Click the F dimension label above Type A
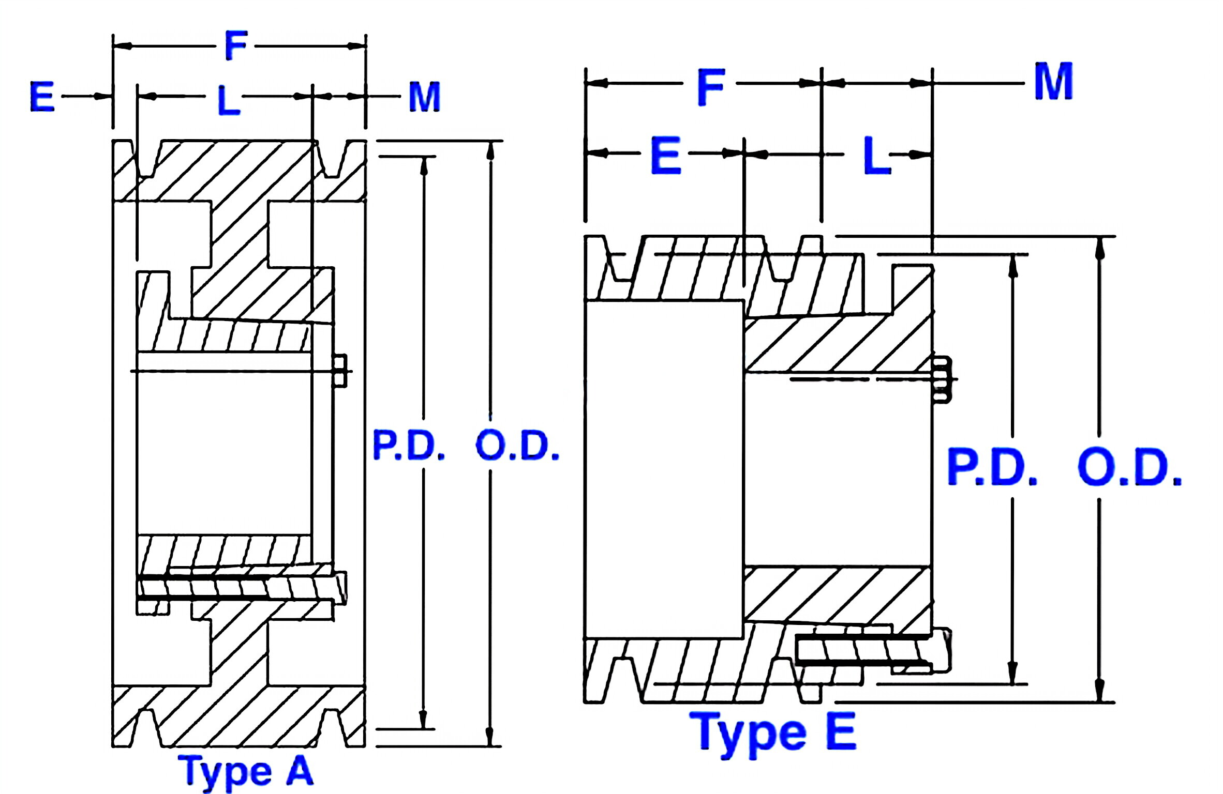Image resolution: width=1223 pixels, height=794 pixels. click(x=236, y=46)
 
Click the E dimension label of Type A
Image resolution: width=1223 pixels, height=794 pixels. click(x=42, y=97)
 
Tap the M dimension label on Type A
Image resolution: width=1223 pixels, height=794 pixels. click(x=424, y=97)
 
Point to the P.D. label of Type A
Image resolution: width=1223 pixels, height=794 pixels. click(x=408, y=446)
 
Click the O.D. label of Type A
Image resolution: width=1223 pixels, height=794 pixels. click(x=517, y=446)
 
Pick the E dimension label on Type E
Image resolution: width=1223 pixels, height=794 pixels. click(x=665, y=156)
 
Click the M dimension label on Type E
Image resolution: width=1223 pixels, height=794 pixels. click(x=1053, y=82)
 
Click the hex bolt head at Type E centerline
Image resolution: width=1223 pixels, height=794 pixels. click(x=943, y=379)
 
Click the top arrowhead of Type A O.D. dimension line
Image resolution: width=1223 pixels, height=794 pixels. click(x=490, y=149)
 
